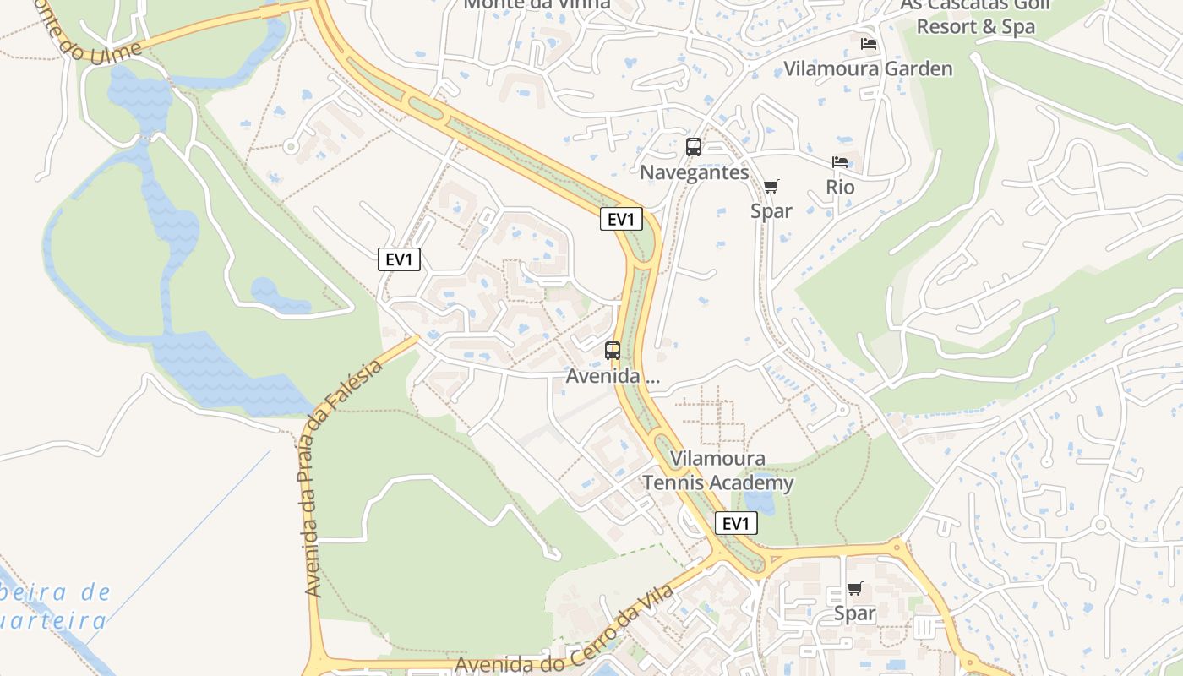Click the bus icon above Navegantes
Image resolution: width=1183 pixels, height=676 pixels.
click(694, 147)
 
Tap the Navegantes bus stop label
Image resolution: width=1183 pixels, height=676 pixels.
click(695, 172)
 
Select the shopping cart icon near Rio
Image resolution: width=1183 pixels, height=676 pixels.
click(771, 186)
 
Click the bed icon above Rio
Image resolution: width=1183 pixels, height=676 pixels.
click(840, 162)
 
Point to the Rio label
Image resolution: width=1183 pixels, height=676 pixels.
click(840, 187)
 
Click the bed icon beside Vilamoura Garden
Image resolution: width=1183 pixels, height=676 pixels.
click(869, 44)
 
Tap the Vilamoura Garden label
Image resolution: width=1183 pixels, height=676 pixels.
click(868, 68)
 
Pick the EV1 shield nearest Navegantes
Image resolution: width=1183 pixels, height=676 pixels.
click(621, 219)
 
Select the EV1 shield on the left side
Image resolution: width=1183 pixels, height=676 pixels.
click(399, 259)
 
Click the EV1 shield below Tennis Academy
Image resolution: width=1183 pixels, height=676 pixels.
click(736, 523)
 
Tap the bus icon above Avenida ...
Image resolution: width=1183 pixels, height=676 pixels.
click(613, 351)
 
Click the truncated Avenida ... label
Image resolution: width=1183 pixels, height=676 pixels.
click(613, 376)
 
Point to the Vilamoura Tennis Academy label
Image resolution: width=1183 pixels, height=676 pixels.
click(717, 471)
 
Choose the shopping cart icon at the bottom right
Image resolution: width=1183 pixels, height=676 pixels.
click(855, 589)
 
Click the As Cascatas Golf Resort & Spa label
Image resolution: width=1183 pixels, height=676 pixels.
click(975, 15)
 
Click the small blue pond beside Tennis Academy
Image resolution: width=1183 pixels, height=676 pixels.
click(760, 504)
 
